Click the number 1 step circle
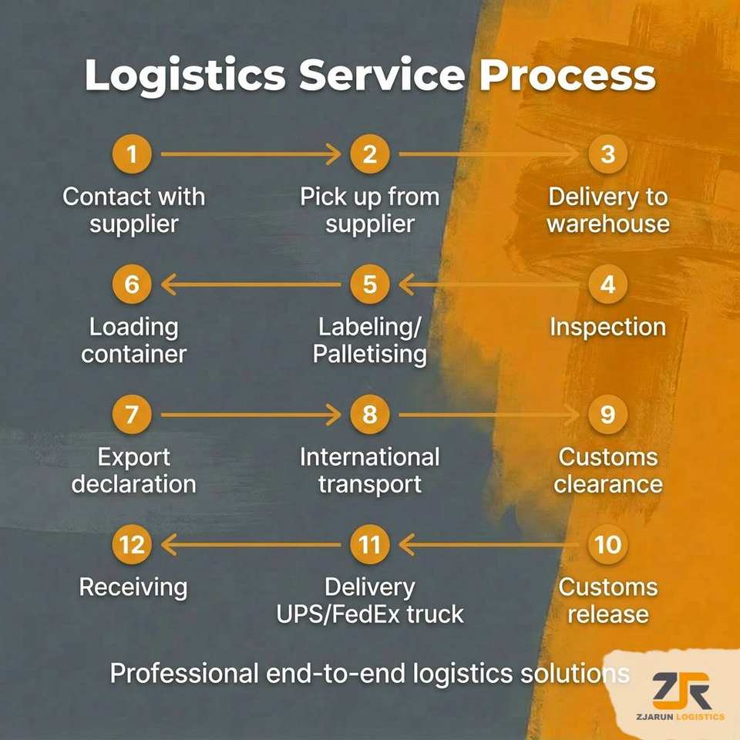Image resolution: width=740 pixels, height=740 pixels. click(x=132, y=154)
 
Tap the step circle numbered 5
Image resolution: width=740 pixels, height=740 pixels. click(x=369, y=284)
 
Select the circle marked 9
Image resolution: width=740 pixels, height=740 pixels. click(x=608, y=415)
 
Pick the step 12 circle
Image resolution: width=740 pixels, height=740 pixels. click(x=132, y=545)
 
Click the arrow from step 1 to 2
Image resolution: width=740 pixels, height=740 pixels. click(x=251, y=154)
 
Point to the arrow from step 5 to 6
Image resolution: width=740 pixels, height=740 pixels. click(x=251, y=284)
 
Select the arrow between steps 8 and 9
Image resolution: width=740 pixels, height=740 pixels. click(x=489, y=415)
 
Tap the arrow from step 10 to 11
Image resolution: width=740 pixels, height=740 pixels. click(x=489, y=545)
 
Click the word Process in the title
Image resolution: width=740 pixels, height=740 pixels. click(x=567, y=76)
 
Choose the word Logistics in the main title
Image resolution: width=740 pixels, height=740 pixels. click(x=185, y=76)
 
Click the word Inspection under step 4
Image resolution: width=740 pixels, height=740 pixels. click(x=608, y=328)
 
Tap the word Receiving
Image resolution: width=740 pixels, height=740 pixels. click(x=133, y=588)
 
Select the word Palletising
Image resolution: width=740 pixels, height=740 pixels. click(x=369, y=355)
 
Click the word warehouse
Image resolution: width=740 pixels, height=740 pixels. click(x=608, y=224)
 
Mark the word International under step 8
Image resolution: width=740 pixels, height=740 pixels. click(x=369, y=457)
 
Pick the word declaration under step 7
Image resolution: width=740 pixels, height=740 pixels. click(x=133, y=484)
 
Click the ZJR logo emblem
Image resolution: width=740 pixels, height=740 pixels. click(x=681, y=691)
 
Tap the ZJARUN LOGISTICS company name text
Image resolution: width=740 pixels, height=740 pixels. click(x=680, y=717)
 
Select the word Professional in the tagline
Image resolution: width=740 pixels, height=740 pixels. click(x=184, y=673)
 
